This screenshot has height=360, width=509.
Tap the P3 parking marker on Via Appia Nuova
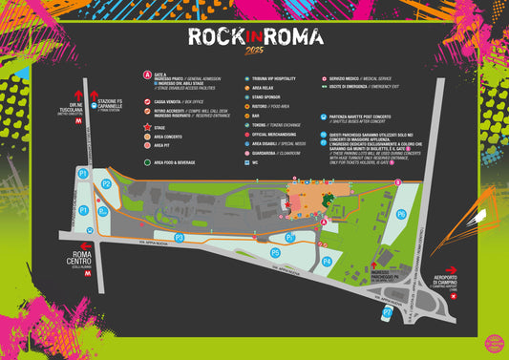point(179,237)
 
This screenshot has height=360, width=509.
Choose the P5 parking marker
point(275,252)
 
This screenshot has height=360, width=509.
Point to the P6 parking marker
point(401,214)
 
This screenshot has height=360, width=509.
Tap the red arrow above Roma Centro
point(89,244)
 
